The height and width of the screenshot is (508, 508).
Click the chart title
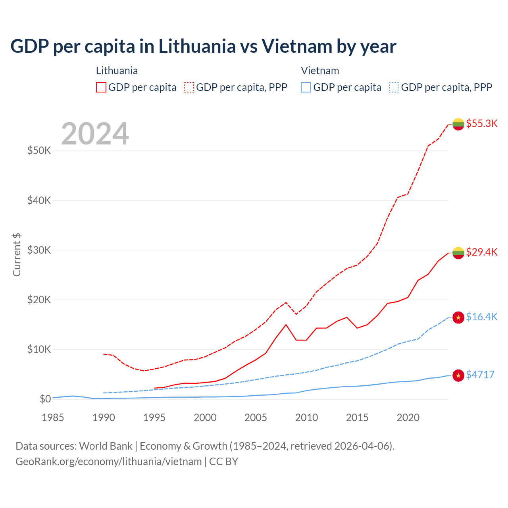[x=203, y=46]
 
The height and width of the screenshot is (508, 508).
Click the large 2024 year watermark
[x=95, y=134]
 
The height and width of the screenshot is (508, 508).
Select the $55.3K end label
[x=481, y=123]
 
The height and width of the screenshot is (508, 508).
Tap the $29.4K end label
[x=481, y=252]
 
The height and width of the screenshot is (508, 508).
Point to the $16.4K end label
[x=481, y=317]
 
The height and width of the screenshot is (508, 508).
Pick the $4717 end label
[x=480, y=375]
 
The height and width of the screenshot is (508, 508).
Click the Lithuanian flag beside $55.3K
[x=458, y=124]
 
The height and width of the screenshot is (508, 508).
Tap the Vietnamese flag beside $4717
[x=458, y=375]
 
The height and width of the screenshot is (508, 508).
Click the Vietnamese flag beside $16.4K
[x=458, y=317]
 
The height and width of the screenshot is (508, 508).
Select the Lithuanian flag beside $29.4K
[x=458, y=252]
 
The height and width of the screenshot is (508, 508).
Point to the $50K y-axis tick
[x=39, y=151]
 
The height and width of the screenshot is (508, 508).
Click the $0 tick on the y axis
[x=45, y=399]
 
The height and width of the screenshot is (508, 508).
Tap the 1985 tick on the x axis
[x=53, y=418]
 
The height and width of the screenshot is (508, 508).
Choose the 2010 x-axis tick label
[x=306, y=418]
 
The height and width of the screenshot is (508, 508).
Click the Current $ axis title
[x=17, y=255]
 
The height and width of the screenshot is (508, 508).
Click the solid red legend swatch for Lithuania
[x=101, y=87]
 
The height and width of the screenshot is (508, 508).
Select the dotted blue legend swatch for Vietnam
[x=394, y=87]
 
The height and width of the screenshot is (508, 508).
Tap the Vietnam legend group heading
[x=320, y=71]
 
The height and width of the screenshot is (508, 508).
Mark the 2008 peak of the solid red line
[x=286, y=325]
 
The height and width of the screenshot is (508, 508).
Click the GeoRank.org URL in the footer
[x=108, y=462]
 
